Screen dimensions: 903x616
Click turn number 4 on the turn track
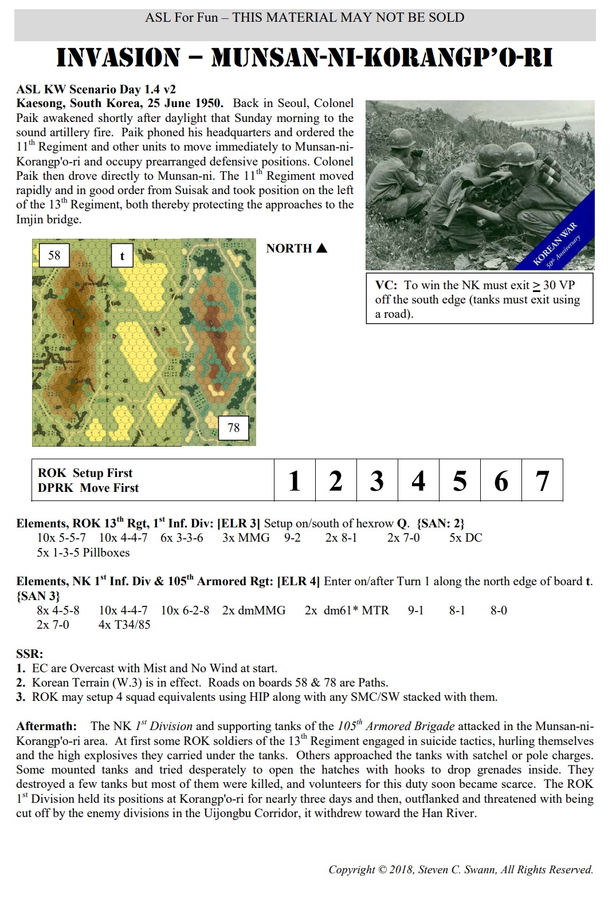point(418,481)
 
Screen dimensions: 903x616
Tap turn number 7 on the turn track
point(542,481)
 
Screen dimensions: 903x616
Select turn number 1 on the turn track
point(295,481)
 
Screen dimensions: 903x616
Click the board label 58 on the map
point(54,255)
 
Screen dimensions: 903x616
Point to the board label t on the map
point(122,256)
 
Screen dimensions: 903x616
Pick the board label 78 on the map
point(234,428)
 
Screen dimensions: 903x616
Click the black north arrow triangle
point(321,249)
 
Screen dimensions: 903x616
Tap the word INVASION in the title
point(118,58)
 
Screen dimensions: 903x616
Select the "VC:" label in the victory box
point(386,285)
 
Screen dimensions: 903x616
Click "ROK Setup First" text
point(85,473)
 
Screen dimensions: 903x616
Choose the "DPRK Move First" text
point(88,488)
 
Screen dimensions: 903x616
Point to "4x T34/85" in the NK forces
point(124,625)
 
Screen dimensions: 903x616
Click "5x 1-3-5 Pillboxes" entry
point(83,553)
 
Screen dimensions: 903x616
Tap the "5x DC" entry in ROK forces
point(465,538)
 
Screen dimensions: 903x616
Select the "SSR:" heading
point(30,654)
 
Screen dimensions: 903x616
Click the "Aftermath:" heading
point(46,726)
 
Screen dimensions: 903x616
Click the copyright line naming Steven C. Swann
point(461,869)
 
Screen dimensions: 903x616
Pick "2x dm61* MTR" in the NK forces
point(347,610)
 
